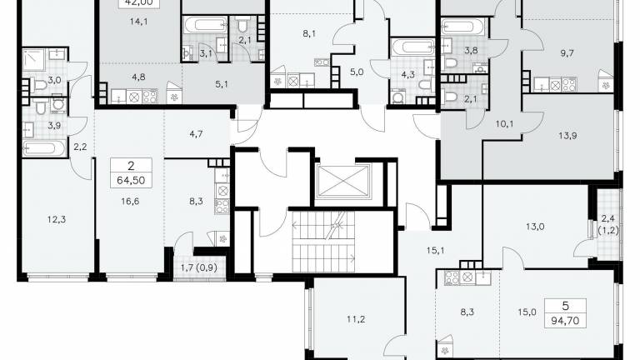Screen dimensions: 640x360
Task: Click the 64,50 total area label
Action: pyautogui.click(x=131, y=180)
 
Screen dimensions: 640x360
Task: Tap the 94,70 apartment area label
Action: pyautogui.click(x=565, y=321)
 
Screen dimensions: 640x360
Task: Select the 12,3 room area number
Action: pyautogui.click(x=57, y=220)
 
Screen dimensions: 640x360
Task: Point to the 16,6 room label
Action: pyautogui.click(x=130, y=201)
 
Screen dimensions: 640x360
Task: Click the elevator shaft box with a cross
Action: pyautogui.click(x=343, y=181)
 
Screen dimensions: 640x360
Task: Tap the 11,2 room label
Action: pyautogui.click(x=356, y=319)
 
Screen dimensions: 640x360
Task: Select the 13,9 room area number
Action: pyautogui.click(x=567, y=136)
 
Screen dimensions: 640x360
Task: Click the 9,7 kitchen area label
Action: pyautogui.click(x=567, y=53)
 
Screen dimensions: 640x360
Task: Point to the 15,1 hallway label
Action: pyautogui.click(x=435, y=251)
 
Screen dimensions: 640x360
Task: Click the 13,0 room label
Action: pyautogui.click(x=535, y=227)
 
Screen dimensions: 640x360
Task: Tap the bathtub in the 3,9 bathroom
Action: pyautogui.click(x=44, y=148)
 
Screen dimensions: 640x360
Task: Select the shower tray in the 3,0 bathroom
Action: pyautogui.click(x=34, y=60)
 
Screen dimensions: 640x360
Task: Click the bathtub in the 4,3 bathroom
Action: pyautogui.click(x=413, y=47)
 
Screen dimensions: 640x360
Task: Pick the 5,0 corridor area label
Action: pyautogui.click(x=357, y=72)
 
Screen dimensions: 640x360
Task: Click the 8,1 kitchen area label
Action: pyautogui.click(x=309, y=34)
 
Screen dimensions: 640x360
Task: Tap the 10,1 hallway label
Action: pyautogui.click(x=504, y=123)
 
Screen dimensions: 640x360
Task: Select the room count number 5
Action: pyautogui.click(x=565, y=306)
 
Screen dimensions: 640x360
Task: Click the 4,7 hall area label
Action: pyautogui.click(x=196, y=133)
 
